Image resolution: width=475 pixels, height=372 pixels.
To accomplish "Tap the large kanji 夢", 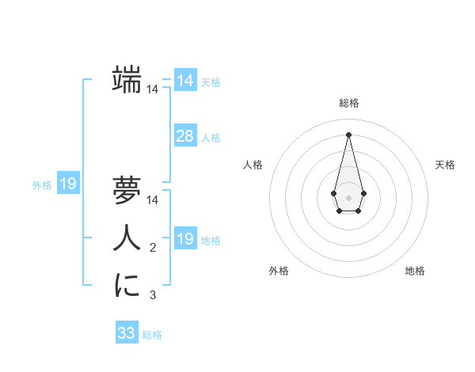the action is click(x=127, y=191).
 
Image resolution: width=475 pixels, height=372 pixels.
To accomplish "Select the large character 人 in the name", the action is click(x=127, y=238).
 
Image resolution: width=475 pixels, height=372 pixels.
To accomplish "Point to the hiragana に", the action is click(x=127, y=286).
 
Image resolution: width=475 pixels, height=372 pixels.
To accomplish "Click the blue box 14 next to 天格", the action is click(x=185, y=81).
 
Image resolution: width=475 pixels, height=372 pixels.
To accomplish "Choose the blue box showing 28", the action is click(x=185, y=136).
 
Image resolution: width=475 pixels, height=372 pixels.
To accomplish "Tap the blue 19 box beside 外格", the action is click(x=68, y=184).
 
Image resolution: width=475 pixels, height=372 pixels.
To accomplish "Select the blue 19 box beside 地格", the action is click(x=185, y=240).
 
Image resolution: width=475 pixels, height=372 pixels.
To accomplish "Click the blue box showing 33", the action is click(x=127, y=333).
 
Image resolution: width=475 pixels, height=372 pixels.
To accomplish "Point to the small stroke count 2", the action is click(x=153, y=249).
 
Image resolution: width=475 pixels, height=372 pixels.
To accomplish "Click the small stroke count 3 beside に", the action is click(x=153, y=296).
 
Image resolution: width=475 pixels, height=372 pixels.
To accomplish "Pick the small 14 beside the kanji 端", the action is click(x=153, y=90).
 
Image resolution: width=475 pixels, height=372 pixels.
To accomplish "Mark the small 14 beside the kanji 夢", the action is click(x=153, y=201).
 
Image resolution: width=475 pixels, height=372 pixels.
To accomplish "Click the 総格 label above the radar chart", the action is click(x=349, y=103).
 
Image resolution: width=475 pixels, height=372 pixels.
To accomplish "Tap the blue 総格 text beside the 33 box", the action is click(x=152, y=335).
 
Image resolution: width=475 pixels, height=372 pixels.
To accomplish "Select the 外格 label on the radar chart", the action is click(x=279, y=271).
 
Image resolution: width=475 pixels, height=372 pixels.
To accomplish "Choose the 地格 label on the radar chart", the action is click(x=415, y=271).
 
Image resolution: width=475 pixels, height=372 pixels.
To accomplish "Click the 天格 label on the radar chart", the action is click(x=446, y=165).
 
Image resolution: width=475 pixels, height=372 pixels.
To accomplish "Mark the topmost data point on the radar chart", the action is click(x=349, y=134).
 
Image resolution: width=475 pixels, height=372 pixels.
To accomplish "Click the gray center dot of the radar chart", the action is click(x=349, y=197).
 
